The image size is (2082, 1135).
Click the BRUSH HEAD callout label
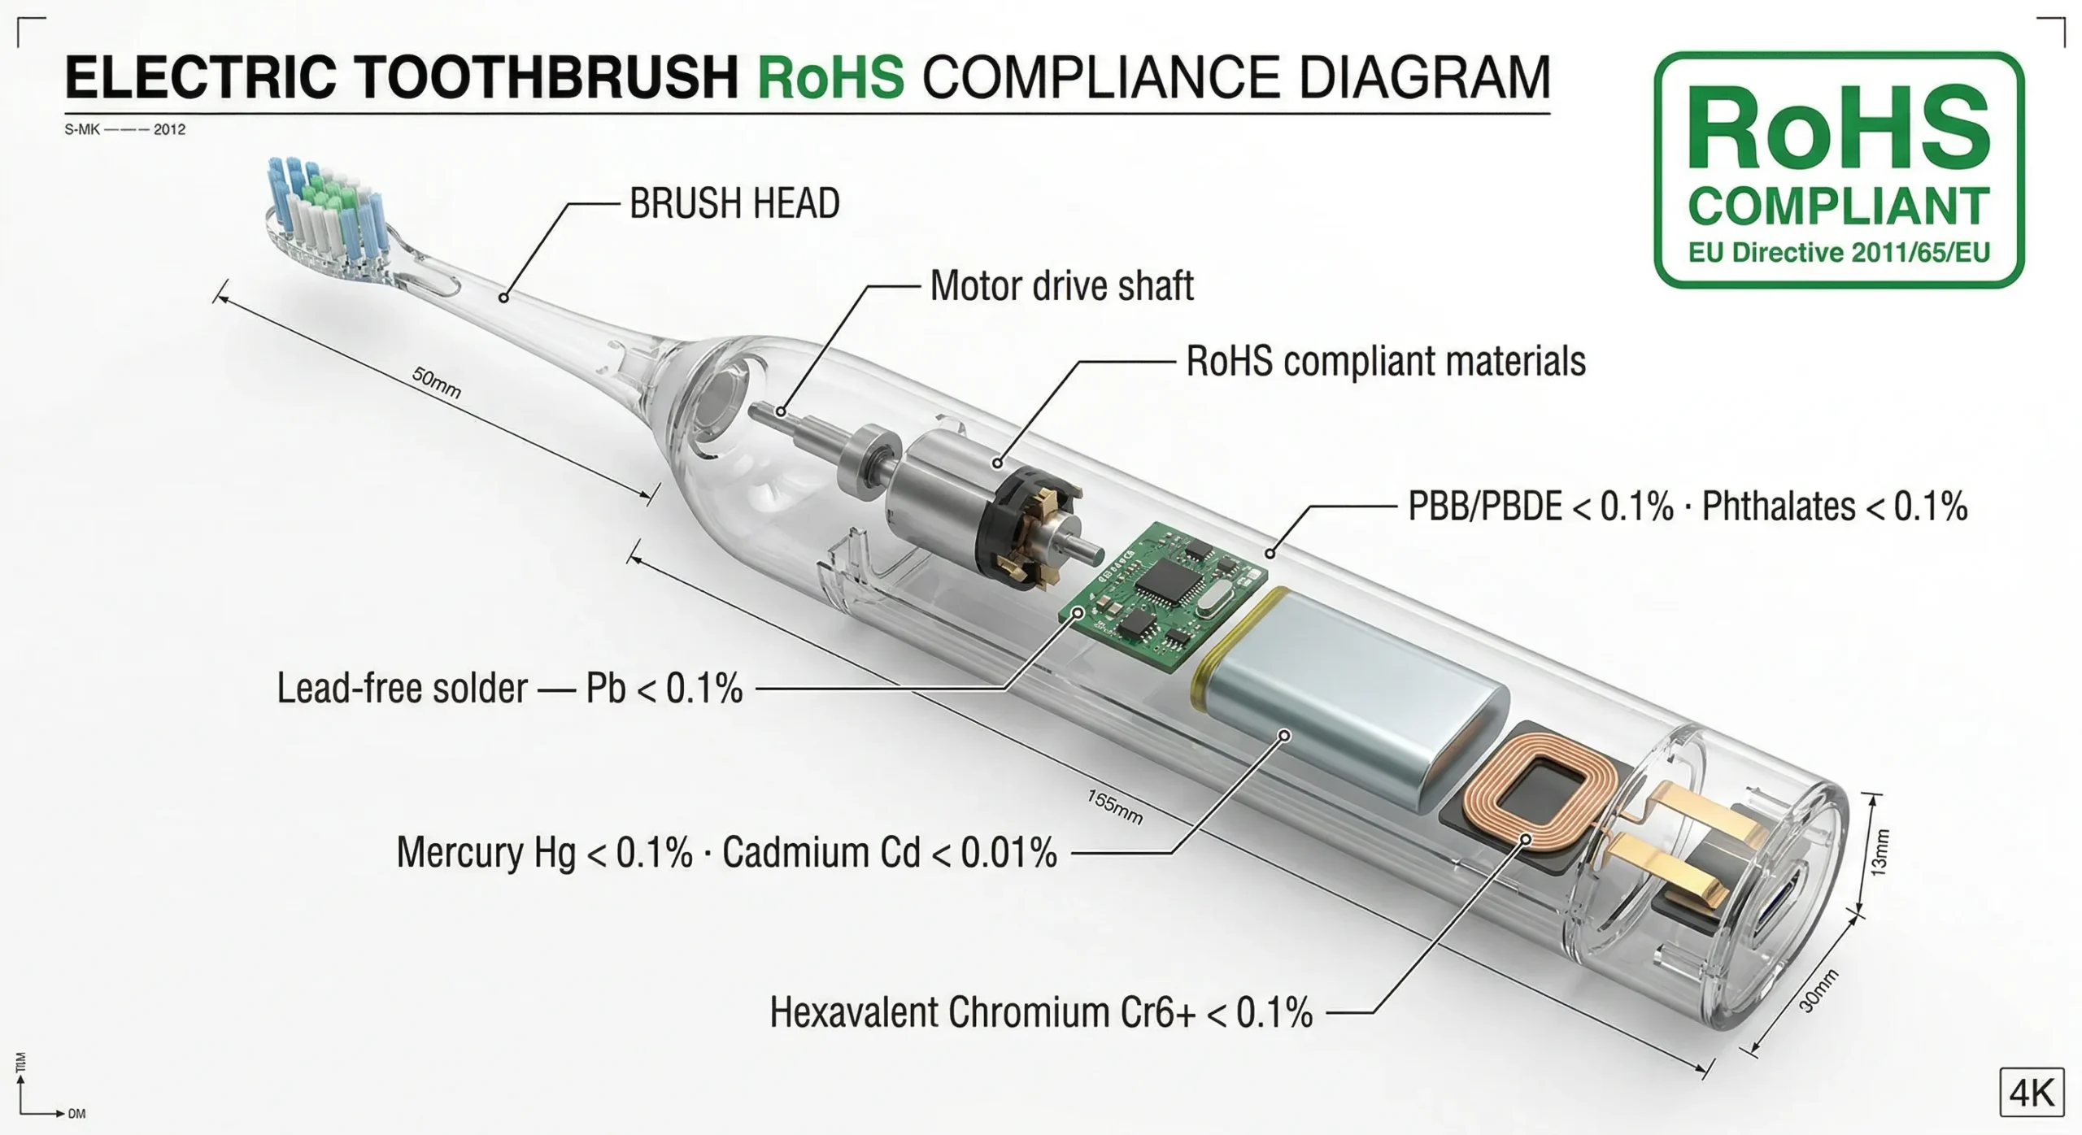click(734, 204)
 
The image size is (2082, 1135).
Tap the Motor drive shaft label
click(1061, 286)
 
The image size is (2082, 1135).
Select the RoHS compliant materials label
click(1385, 362)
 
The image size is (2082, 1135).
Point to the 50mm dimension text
click(437, 383)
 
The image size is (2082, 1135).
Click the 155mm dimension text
click(1115, 807)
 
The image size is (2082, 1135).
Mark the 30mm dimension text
click(1818, 992)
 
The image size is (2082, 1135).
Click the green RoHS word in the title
click(830, 78)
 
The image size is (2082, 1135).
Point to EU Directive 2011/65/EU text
click(1839, 253)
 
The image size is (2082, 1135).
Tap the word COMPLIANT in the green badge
click(1839, 207)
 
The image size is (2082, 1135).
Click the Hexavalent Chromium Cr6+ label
click(1041, 1013)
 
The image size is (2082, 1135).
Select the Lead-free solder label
click(510, 689)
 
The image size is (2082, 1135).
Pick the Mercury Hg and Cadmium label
click(726, 853)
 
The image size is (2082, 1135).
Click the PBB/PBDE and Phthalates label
click(1688, 507)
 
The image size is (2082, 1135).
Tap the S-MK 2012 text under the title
click(125, 129)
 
